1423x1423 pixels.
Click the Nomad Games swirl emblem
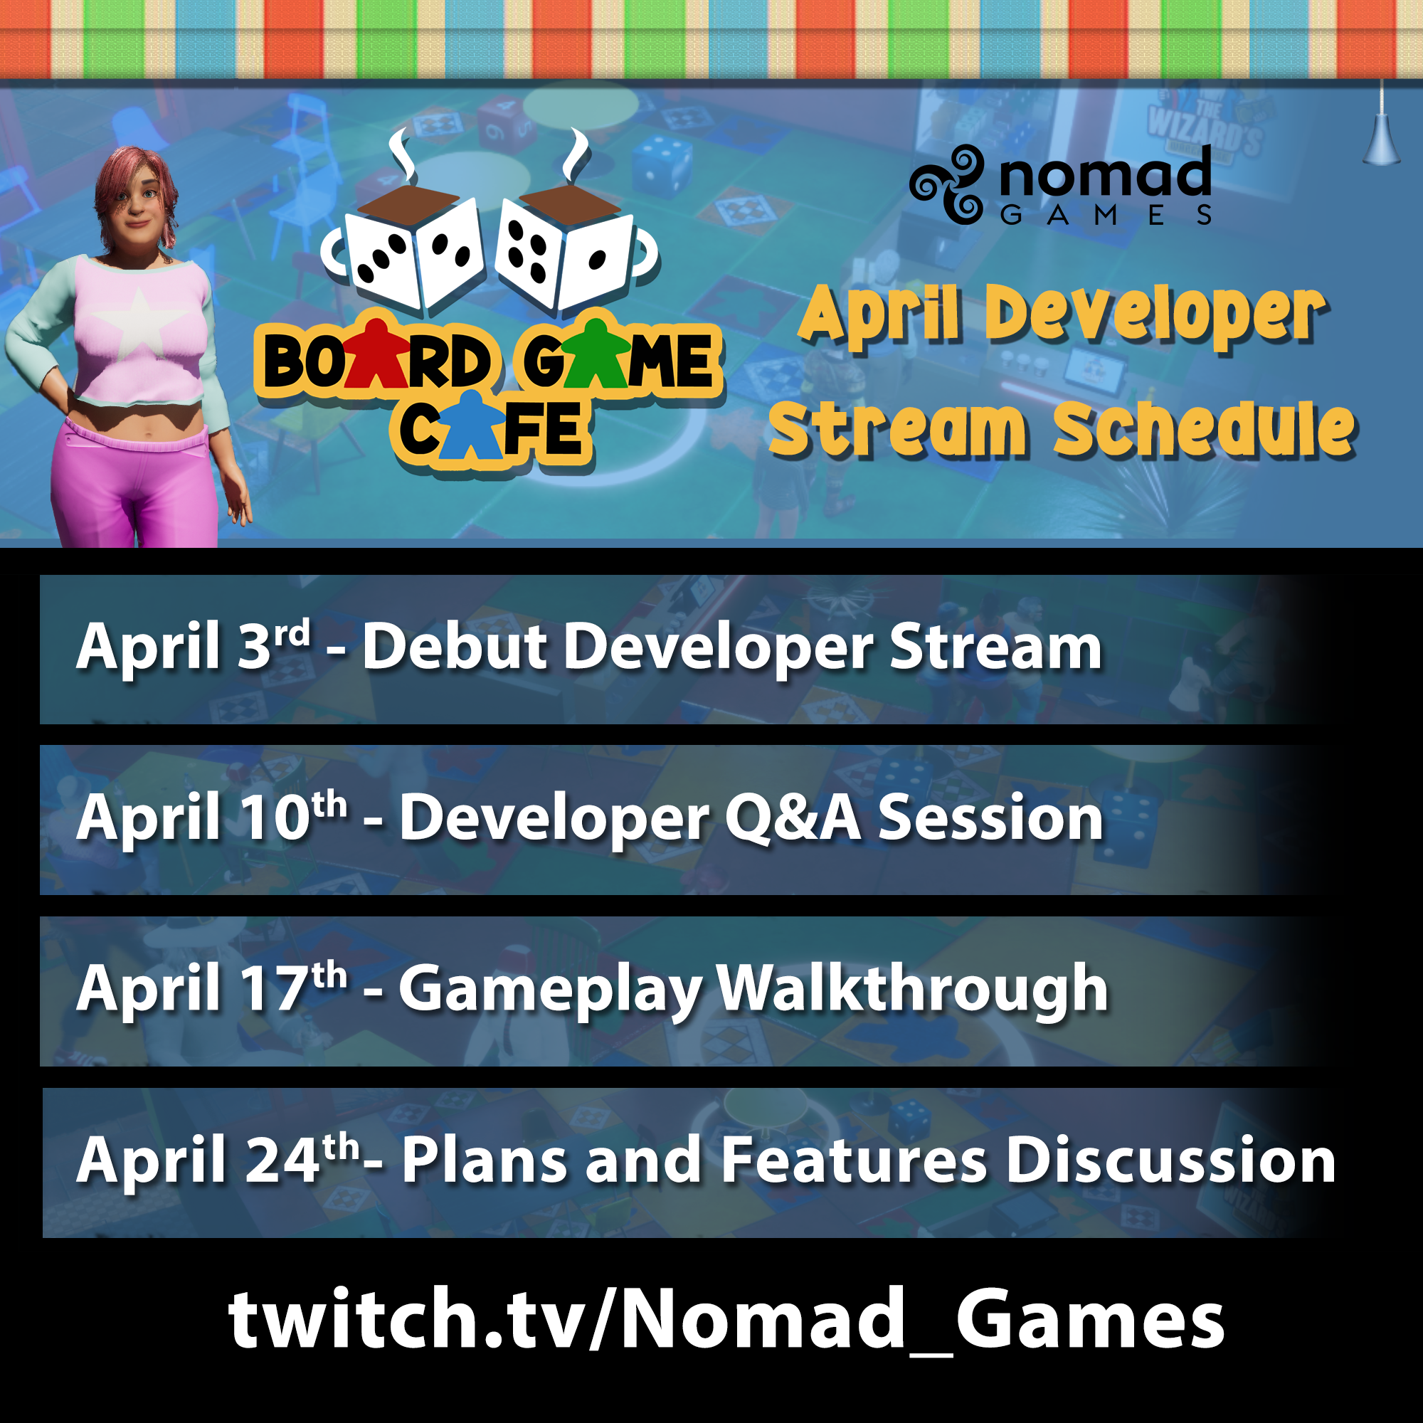point(947,184)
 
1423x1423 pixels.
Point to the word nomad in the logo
point(1105,174)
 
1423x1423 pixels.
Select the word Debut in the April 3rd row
point(455,647)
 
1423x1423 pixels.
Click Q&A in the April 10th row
point(793,818)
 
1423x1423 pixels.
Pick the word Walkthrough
point(913,989)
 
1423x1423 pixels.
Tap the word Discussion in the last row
point(1171,1160)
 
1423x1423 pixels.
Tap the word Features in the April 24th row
point(854,1160)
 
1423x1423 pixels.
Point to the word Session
point(990,818)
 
